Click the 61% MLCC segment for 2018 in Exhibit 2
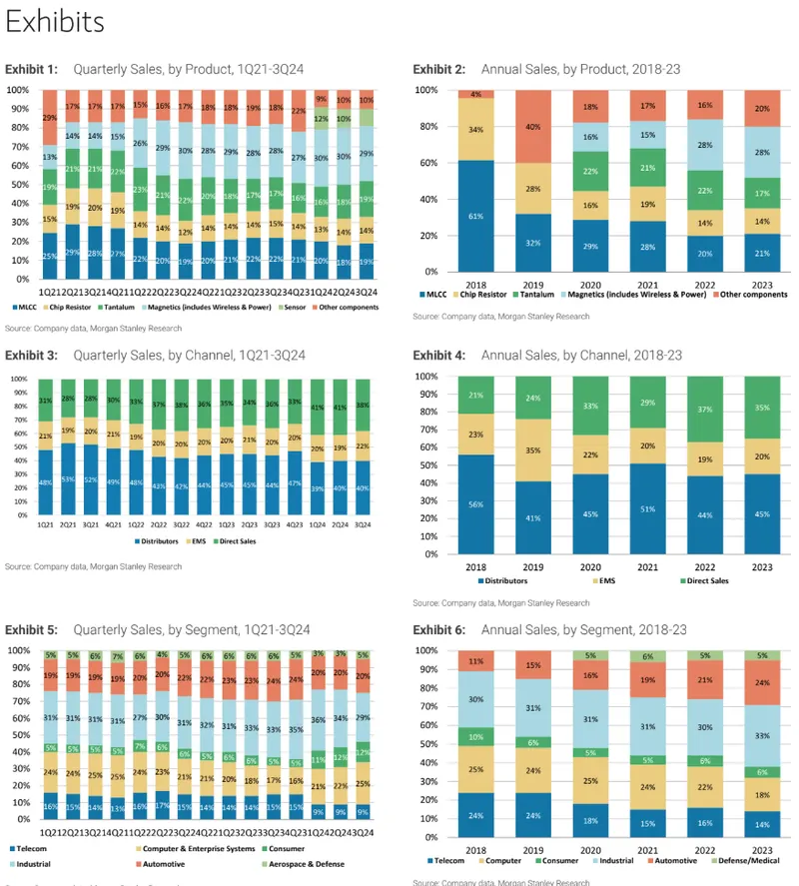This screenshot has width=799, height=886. [476, 215]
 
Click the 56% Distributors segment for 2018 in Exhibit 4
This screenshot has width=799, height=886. [476, 503]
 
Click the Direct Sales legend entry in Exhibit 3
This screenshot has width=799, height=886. [211, 542]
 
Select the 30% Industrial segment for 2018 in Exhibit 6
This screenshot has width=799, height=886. [476, 699]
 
